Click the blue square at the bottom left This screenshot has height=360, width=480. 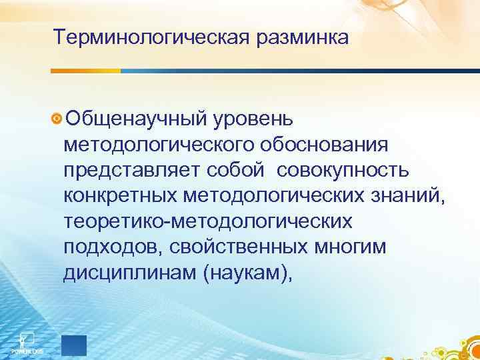click(x=73, y=345)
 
